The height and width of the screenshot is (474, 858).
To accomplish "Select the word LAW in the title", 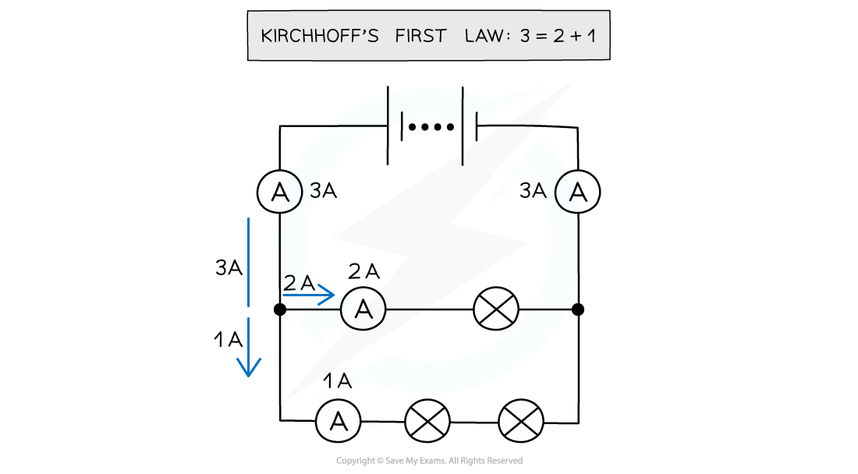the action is click(x=484, y=37).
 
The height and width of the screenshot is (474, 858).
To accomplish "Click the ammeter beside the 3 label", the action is click(x=280, y=193).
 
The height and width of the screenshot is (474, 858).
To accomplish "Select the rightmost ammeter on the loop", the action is click(x=577, y=192).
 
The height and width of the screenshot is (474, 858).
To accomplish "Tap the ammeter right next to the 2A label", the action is click(x=363, y=309).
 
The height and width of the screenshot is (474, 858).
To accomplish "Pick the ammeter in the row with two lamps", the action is click(x=338, y=422).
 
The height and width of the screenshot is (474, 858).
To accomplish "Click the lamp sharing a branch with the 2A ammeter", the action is click(x=497, y=310).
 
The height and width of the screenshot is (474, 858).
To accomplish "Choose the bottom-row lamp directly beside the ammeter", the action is click(x=427, y=422).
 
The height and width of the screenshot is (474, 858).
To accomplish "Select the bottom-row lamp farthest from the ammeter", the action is click(x=521, y=422).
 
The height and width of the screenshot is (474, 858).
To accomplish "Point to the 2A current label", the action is click(x=300, y=284).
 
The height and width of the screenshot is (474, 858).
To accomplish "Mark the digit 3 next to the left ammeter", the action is click(x=314, y=190).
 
